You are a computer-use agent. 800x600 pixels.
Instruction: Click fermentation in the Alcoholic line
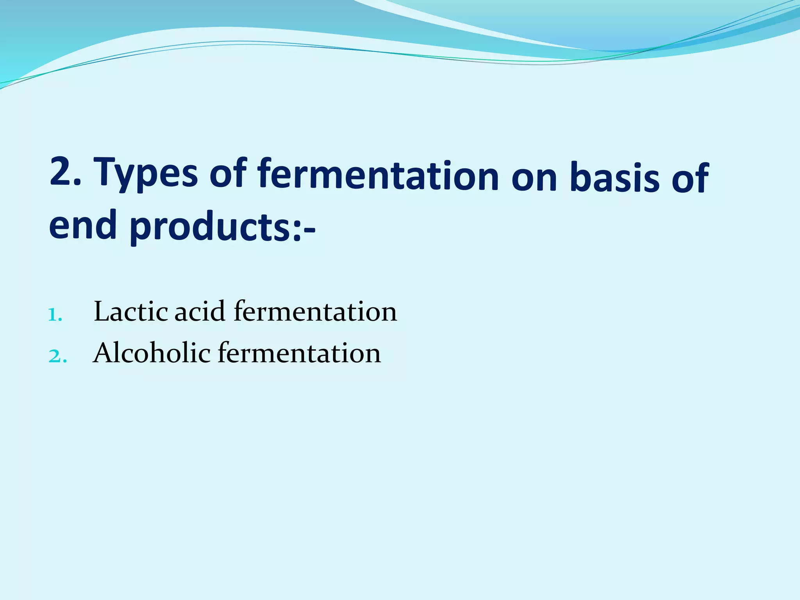299,353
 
